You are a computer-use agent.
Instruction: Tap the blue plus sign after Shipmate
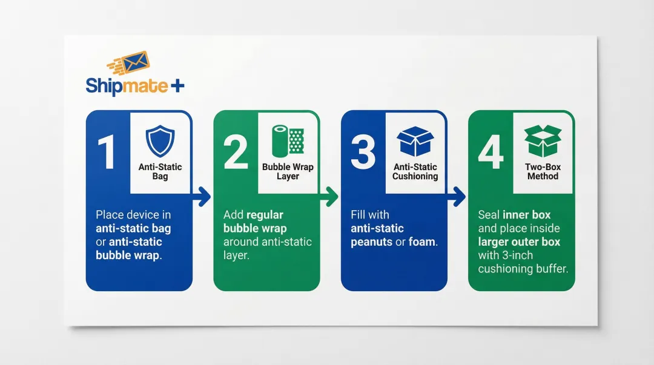(x=177, y=86)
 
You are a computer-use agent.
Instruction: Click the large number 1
(x=107, y=153)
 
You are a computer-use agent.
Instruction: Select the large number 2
(x=236, y=153)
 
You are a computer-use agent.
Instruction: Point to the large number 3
(x=363, y=153)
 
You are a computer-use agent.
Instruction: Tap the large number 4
(x=490, y=153)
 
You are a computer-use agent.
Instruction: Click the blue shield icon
(x=160, y=140)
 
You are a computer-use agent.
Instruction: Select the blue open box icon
(x=415, y=141)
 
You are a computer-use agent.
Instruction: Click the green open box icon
(x=543, y=140)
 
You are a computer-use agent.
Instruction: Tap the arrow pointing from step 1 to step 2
(x=202, y=196)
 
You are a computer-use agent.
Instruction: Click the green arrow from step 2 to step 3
(x=330, y=196)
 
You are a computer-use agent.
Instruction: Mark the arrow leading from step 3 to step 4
(x=457, y=196)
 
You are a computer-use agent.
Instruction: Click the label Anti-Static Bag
(x=160, y=171)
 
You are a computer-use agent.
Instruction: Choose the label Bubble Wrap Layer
(x=288, y=171)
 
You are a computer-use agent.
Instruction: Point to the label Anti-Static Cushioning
(x=415, y=171)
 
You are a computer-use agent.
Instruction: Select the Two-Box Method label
(x=543, y=171)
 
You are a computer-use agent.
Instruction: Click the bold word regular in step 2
(x=264, y=215)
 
